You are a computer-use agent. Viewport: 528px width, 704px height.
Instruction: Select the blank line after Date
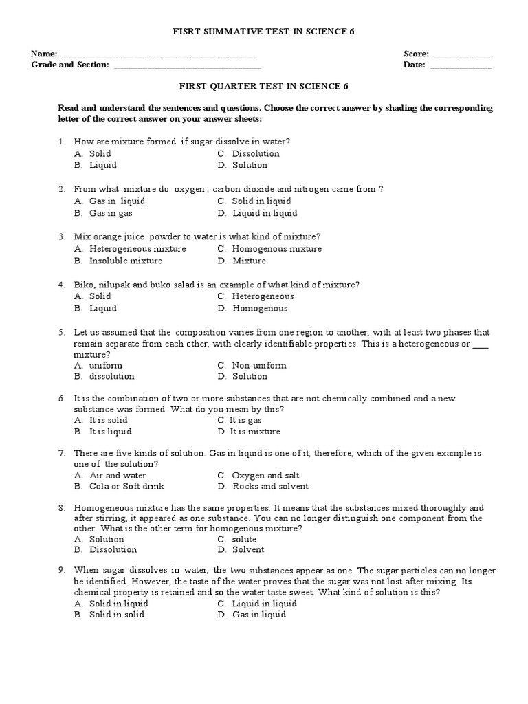pyautogui.click(x=461, y=67)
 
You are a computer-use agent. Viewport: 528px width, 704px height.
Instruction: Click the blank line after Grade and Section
pyautogui.click(x=187, y=67)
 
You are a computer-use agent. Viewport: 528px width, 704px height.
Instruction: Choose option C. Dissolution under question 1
pyautogui.click(x=248, y=153)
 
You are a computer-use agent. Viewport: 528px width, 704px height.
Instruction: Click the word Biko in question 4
pyautogui.click(x=83, y=285)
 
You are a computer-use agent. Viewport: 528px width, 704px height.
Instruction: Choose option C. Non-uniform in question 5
pyautogui.click(x=252, y=365)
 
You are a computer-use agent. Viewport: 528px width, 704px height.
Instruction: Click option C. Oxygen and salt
pyautogui.click(x=258, y=475)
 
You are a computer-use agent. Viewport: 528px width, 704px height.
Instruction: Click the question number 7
pyautogui.click(x=61, y=454)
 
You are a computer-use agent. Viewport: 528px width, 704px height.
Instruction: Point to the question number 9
pyautogui.click(x=61, y=571)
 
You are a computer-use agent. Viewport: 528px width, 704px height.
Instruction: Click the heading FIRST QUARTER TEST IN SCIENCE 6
pyautogui.click(x=264, y=86)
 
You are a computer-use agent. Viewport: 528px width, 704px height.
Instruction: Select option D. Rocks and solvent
pyautogui.click(x=258, y=486)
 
